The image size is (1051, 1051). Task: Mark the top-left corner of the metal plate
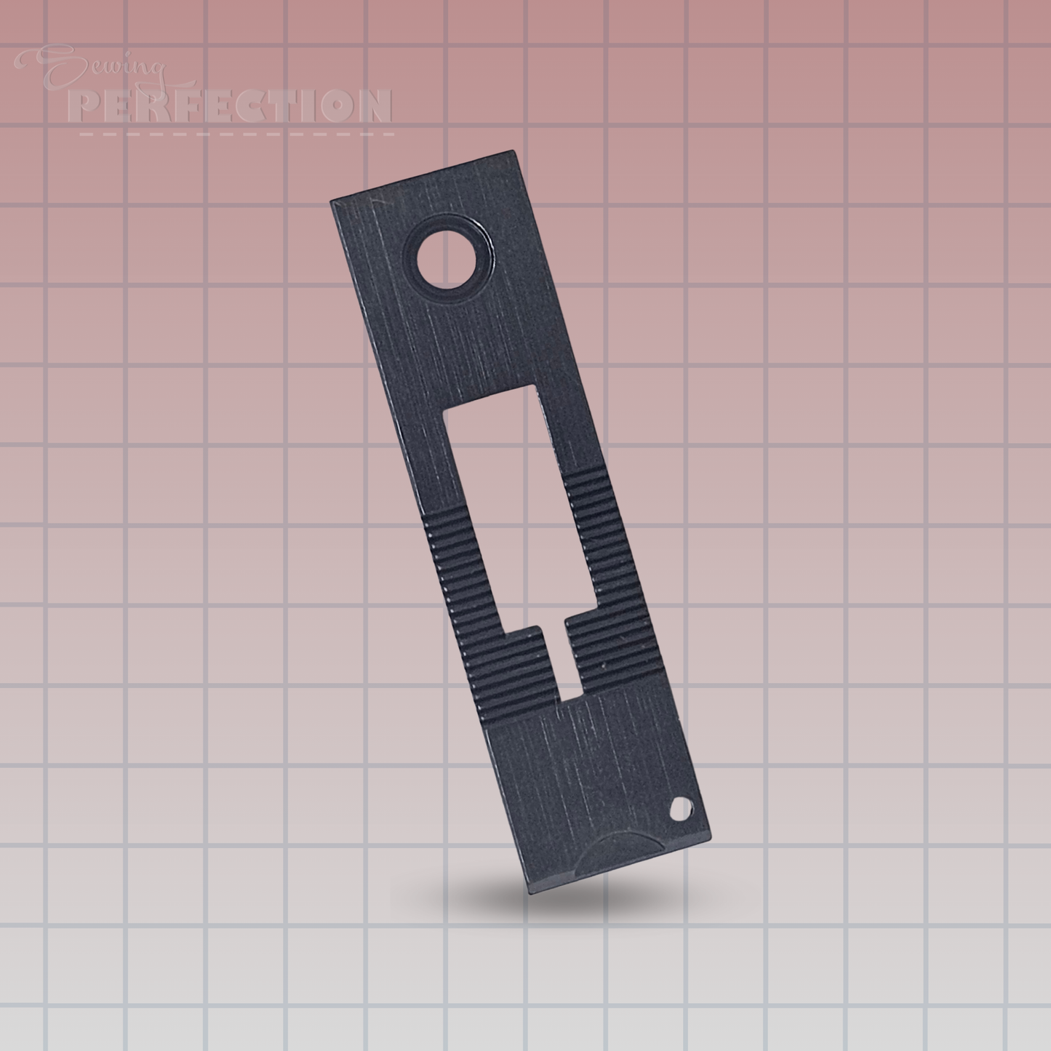pos(331,200)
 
